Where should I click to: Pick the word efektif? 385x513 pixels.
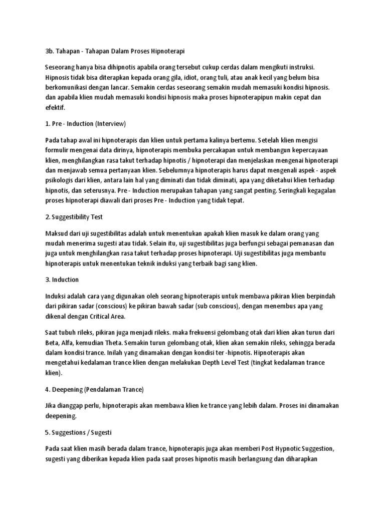coord(55,107)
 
